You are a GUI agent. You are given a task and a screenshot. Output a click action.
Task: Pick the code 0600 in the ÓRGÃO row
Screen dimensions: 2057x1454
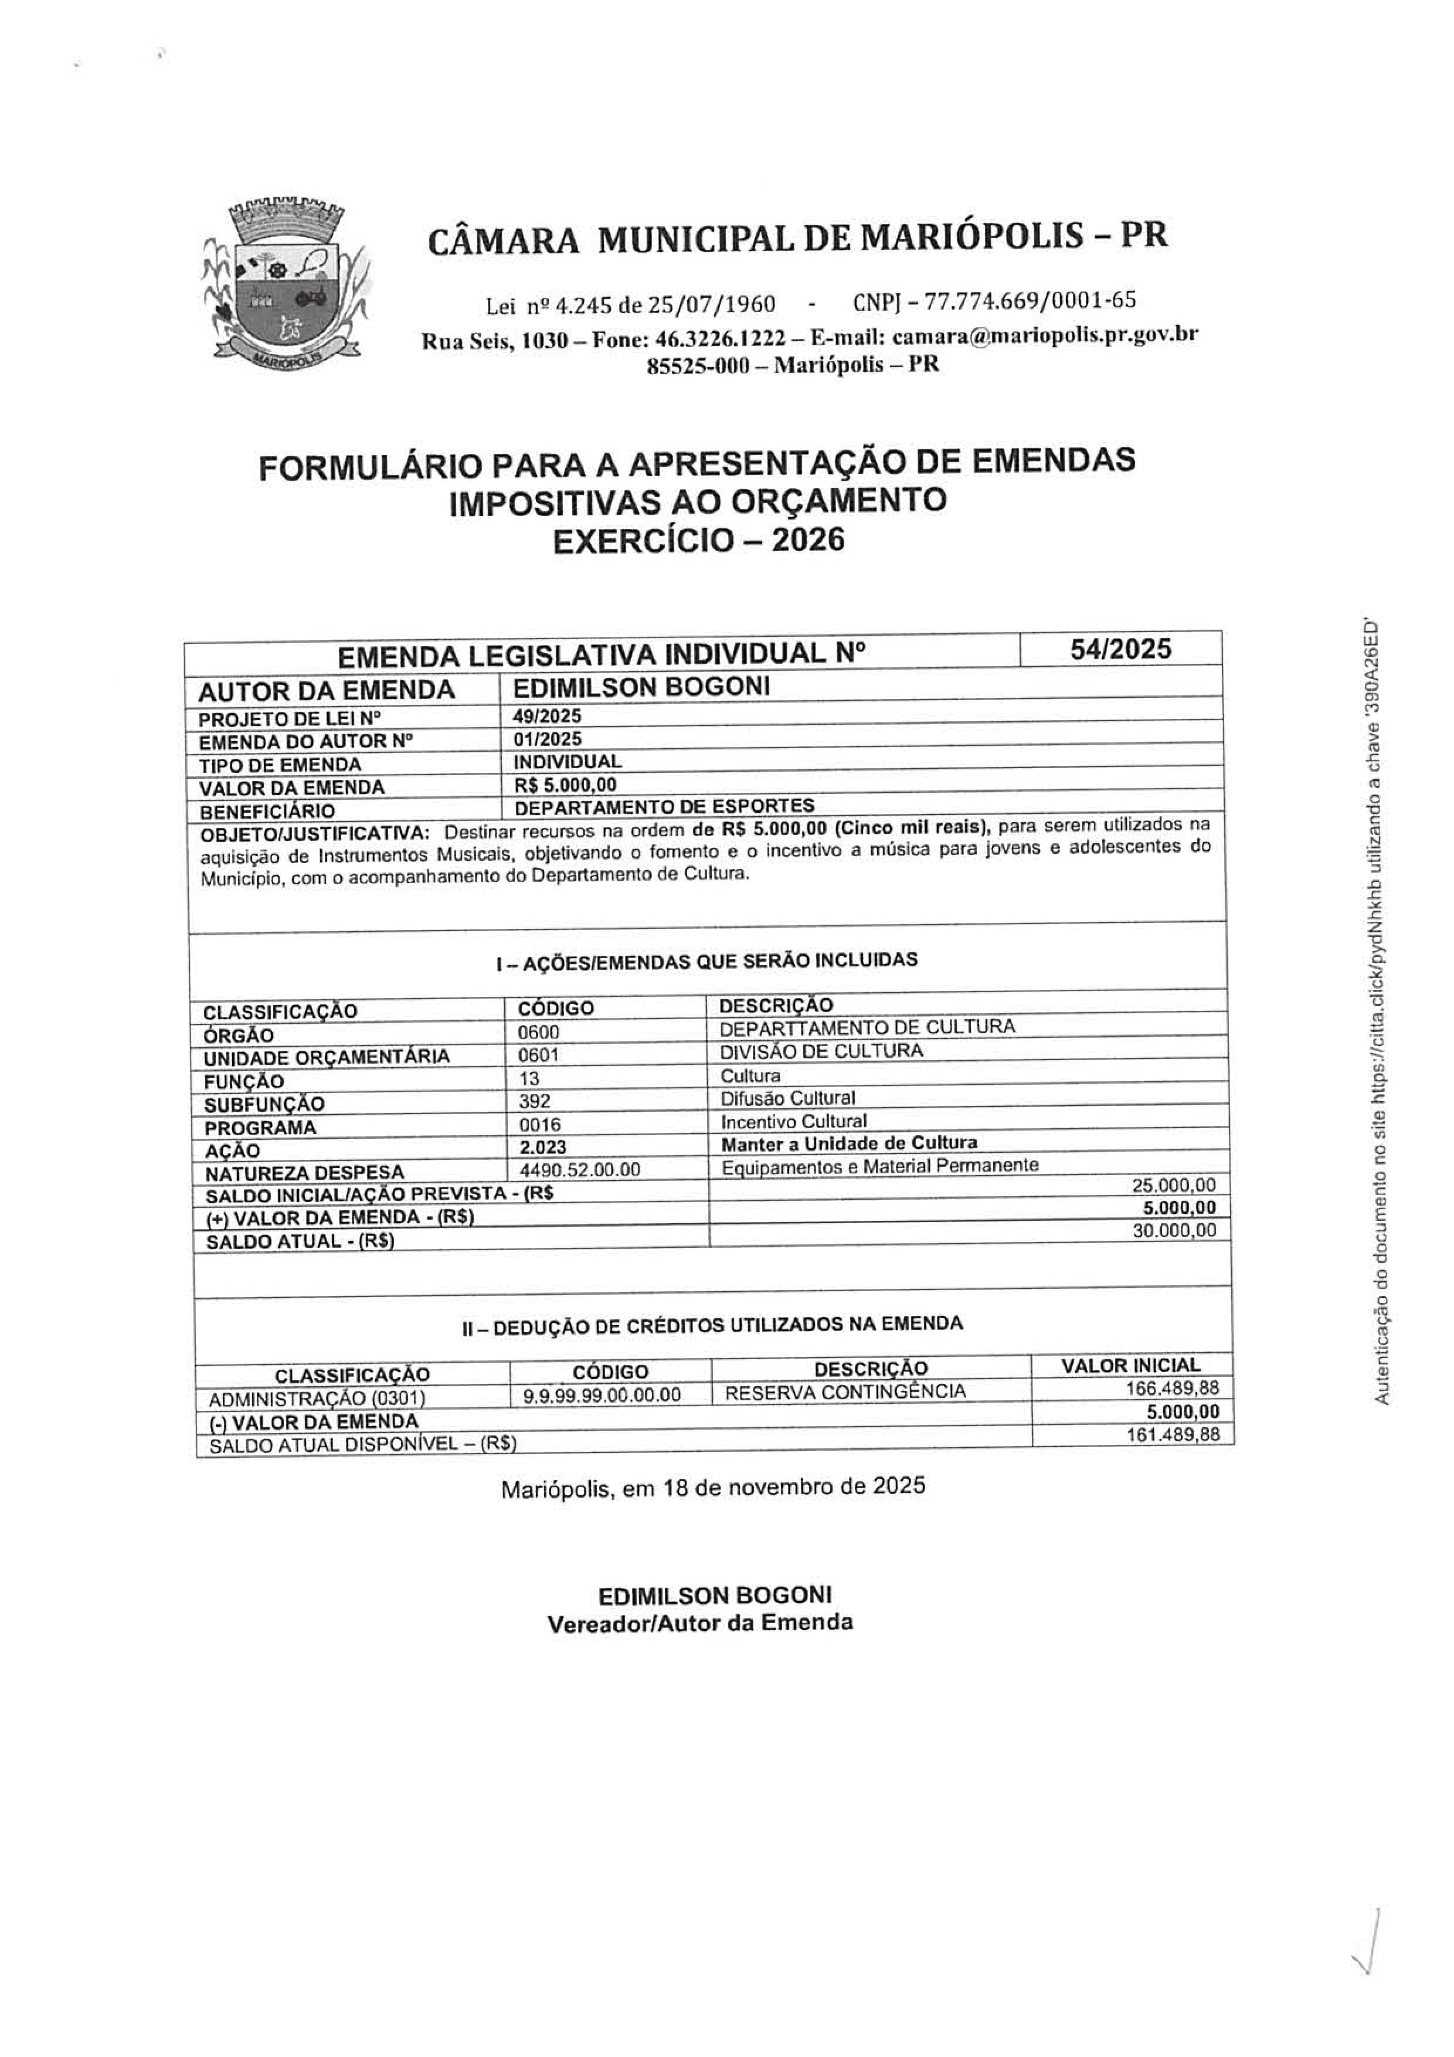point(538,1032)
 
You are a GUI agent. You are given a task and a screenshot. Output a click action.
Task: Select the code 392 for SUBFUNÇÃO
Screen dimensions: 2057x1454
point(535,1101)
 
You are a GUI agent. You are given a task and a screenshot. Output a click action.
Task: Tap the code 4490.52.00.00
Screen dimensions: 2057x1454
point(580,1170)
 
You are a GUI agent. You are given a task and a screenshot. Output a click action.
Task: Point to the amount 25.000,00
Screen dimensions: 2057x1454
point(1174,1185)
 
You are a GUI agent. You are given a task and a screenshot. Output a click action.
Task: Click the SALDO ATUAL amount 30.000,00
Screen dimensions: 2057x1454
point(1174,1230)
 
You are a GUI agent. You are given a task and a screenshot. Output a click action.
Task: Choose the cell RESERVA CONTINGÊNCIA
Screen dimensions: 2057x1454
point(845,1392)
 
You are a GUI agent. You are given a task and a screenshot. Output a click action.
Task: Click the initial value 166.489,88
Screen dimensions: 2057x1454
point(1172,1389)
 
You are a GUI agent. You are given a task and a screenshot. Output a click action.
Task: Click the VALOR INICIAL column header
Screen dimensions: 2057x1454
point(1130,1365)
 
